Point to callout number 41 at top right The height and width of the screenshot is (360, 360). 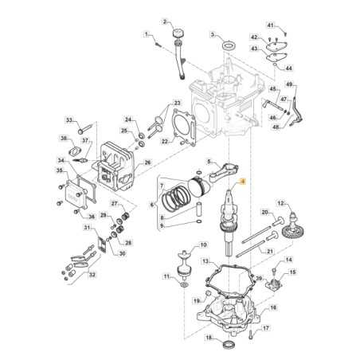(x=270, y=25)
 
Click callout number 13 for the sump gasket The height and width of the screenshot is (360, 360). (x=205, y=261)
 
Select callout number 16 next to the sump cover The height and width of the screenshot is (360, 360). (x=272, y=307)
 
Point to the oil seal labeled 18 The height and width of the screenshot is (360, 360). (x=232, y=344)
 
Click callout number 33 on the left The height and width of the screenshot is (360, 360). (x=69, y=120)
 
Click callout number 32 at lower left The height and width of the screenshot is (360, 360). (x=92, y=275)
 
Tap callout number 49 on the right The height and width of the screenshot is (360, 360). (x=290, y=84)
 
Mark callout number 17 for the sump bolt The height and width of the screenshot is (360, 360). (x=266, y=327)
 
